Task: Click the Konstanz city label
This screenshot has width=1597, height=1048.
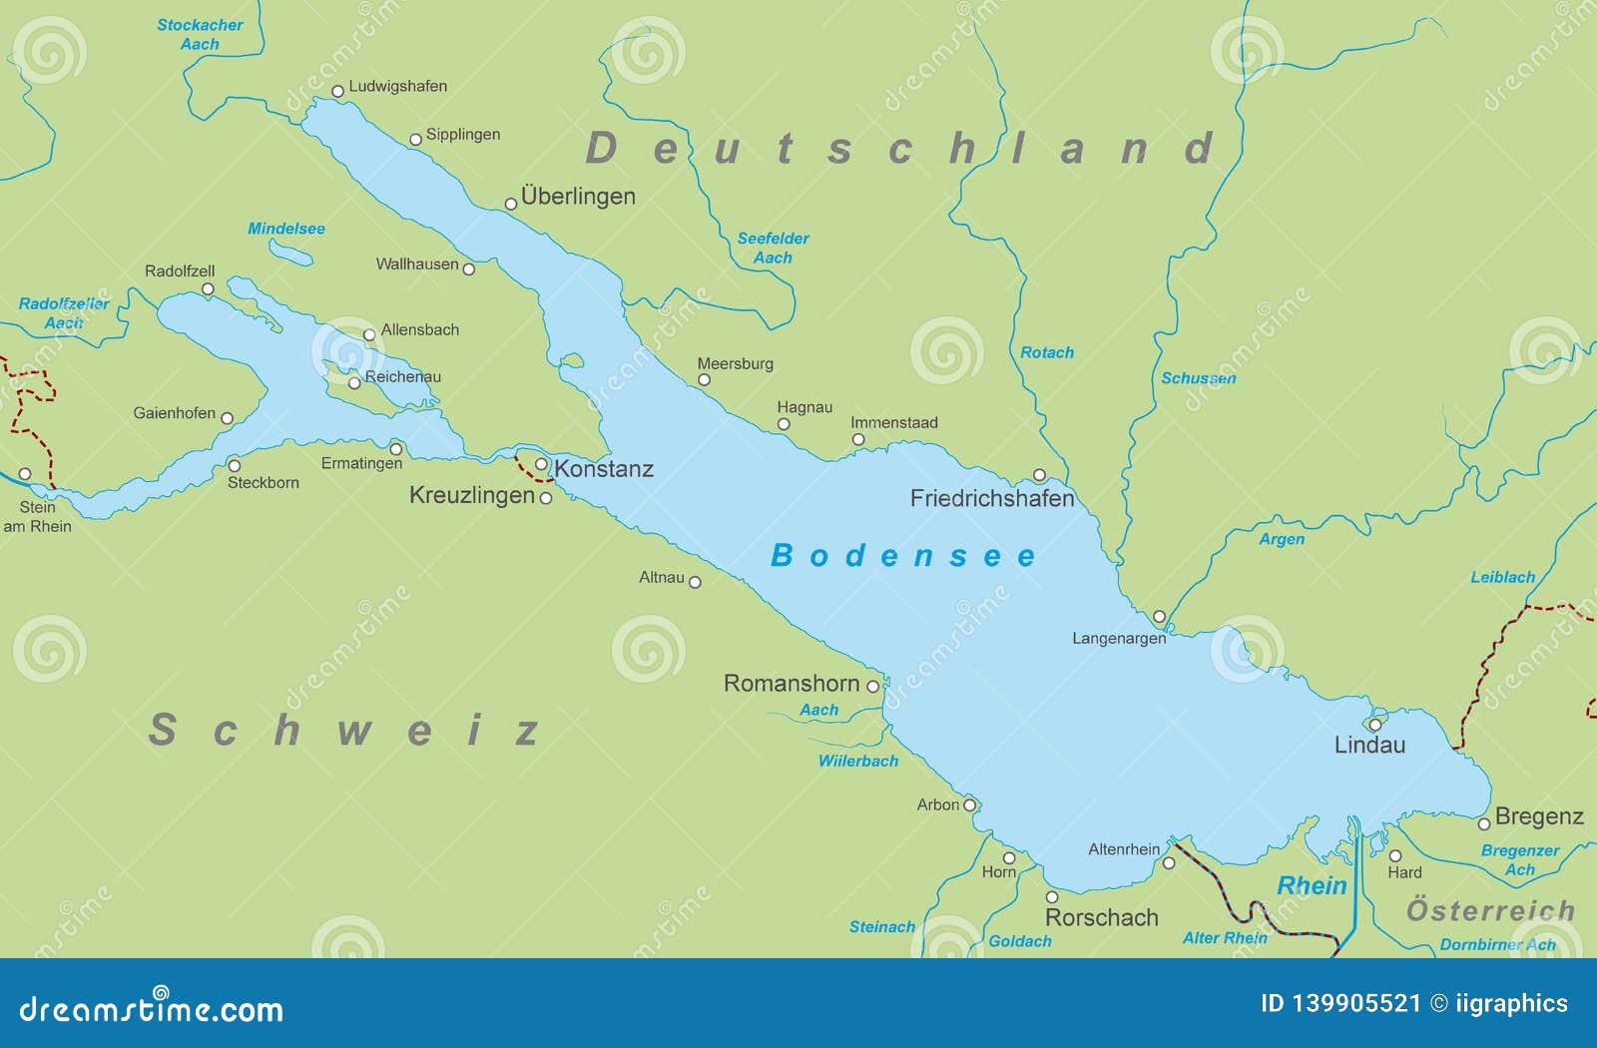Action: click(604, 469)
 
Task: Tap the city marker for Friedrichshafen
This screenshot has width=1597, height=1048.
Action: click(1039, 475)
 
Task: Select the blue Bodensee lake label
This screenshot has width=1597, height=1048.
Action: click(903, 556)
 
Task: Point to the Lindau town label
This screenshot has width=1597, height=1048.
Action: click(1369, 745)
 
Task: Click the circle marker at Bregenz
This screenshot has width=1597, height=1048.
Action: click(1484, 823)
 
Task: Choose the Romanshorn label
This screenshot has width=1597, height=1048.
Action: click(792, 684)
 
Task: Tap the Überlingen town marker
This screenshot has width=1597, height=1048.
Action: click(511, 204)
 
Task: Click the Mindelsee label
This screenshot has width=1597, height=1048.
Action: click(286, 229)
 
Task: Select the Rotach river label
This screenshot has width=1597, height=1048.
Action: click(1047, 352)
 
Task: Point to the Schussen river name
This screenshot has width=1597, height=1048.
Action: click(1198, 378)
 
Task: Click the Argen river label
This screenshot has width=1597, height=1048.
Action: click(1282, 539)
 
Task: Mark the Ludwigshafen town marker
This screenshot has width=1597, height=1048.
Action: click(338, 91)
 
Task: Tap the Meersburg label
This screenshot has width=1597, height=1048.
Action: click(735, 363)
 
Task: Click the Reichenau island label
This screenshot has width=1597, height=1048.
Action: click(402, 376)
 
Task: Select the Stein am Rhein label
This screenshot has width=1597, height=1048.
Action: click(38, 516)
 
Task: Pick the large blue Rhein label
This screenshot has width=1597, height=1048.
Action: click(1312, 885)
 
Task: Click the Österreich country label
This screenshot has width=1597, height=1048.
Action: click(1490, 910)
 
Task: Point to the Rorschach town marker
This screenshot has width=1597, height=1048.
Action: click(1051, 897)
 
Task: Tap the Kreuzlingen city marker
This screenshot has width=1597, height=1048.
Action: click(546, 498)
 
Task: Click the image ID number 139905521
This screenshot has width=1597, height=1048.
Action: click(1355, 1003)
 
